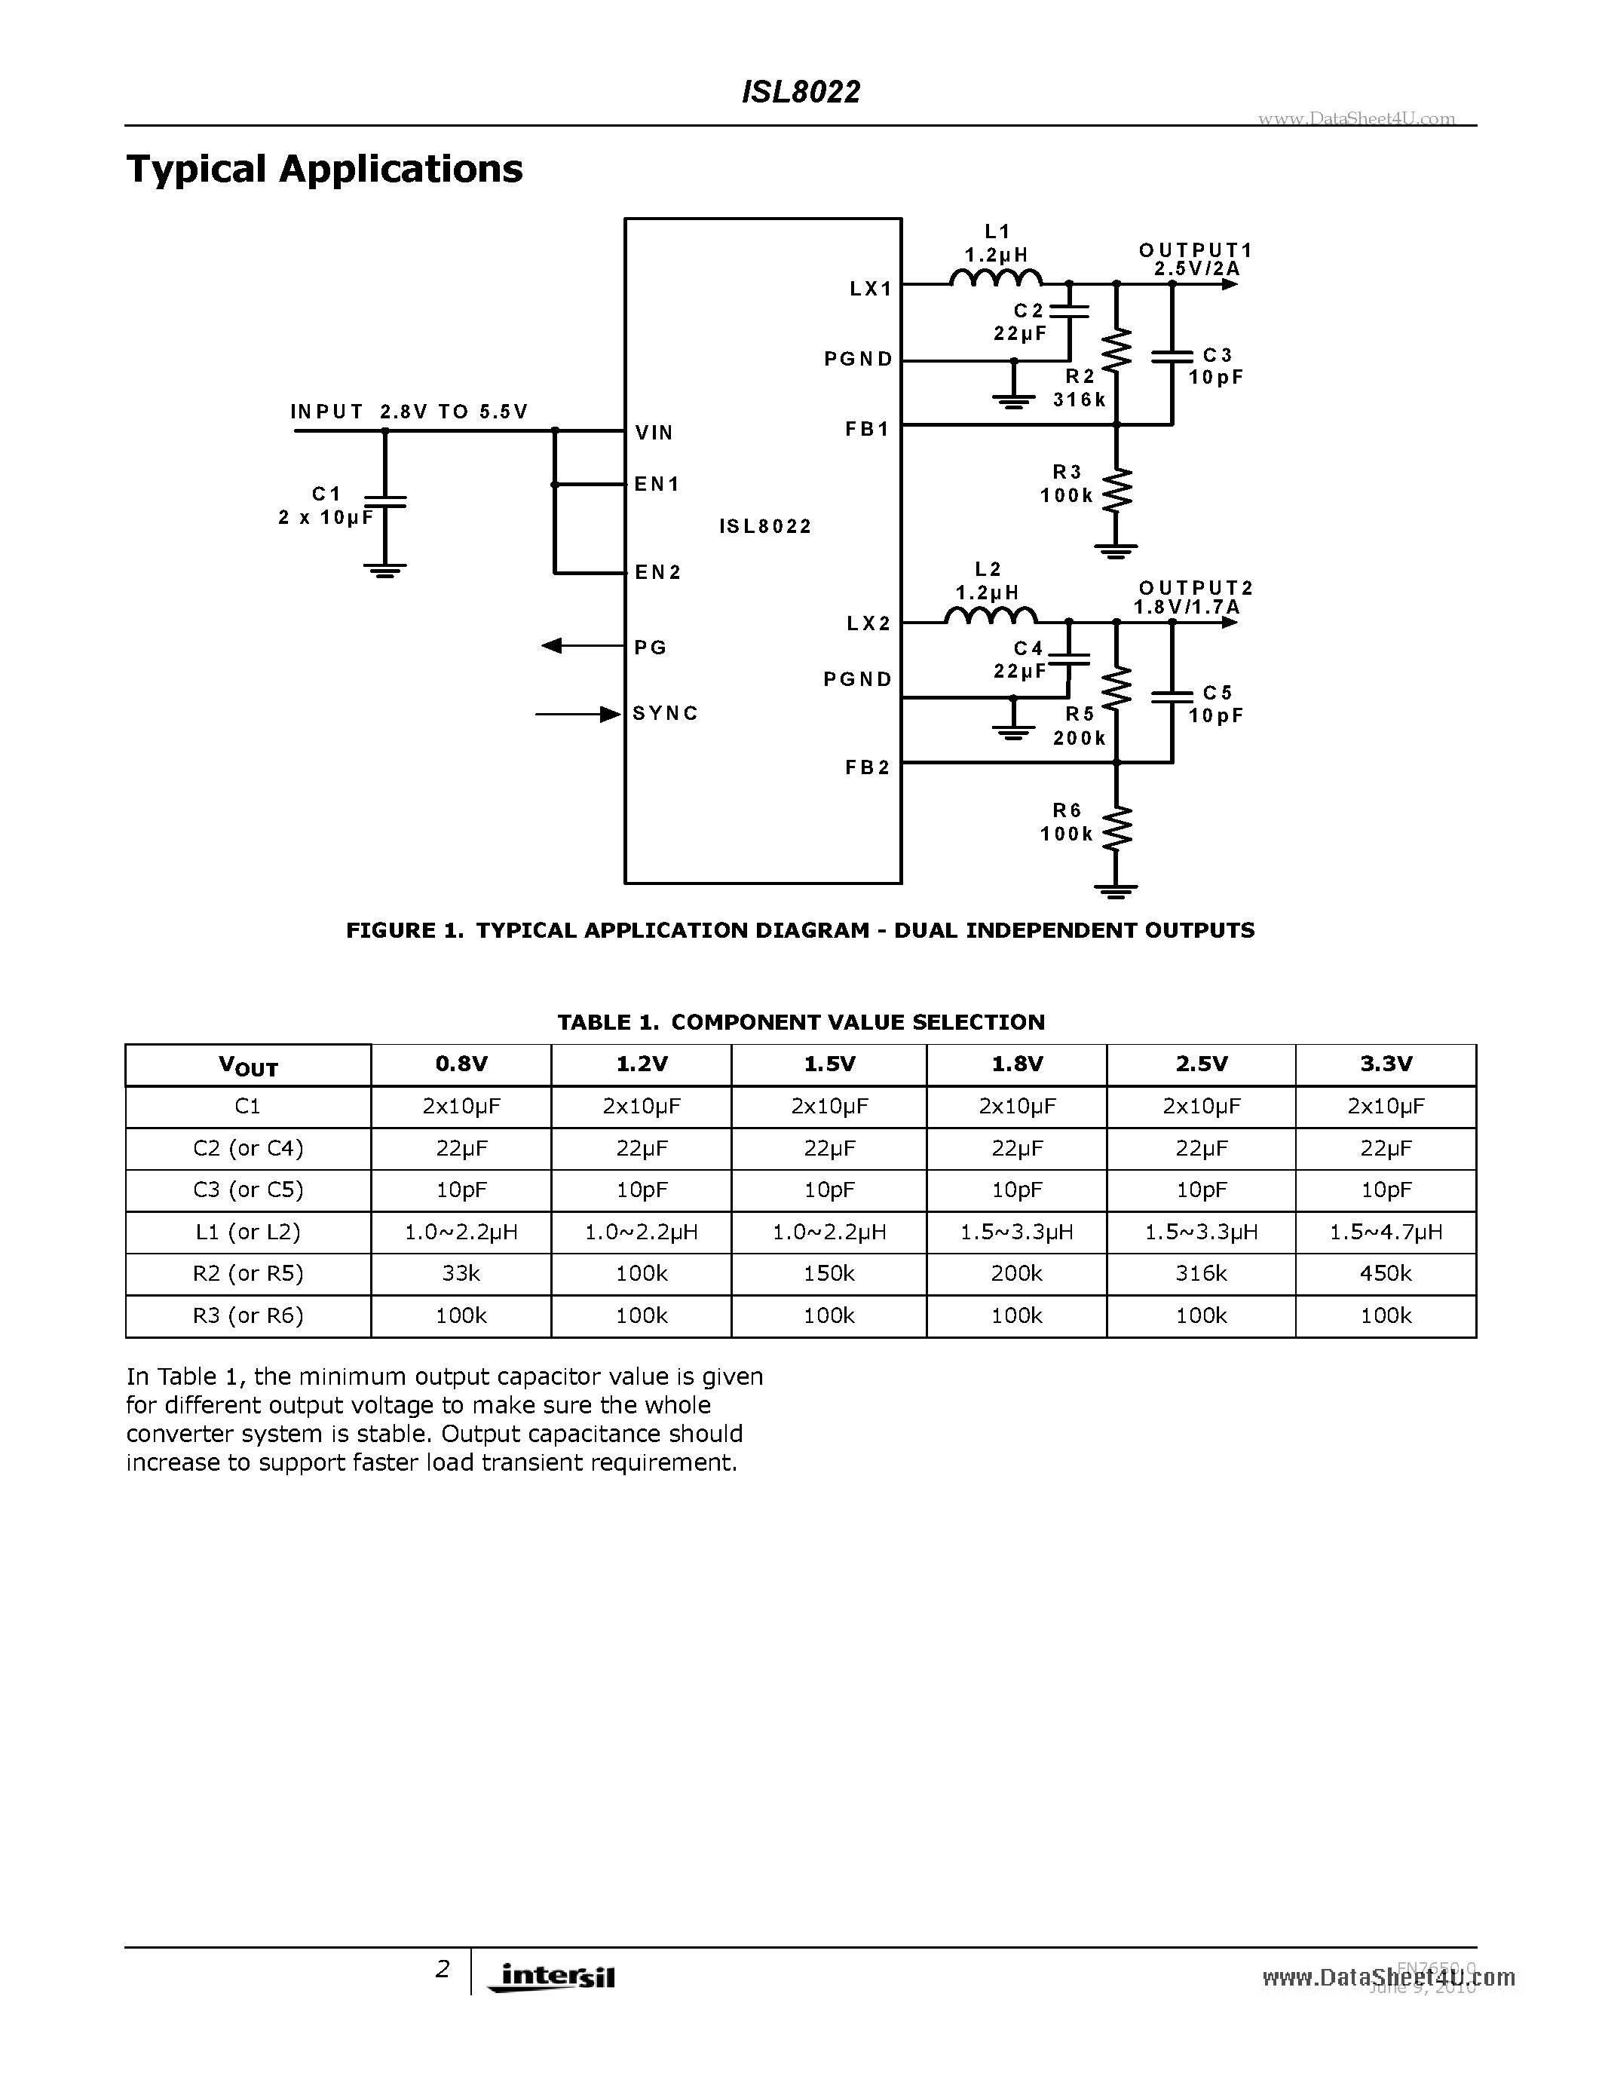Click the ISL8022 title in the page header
click(x=800, y=92)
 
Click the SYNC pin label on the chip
click(x=665, y=713)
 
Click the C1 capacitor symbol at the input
click(x=384, y=501)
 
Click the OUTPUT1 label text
click(x=1196, y=250)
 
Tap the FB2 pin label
click(x=868, y=767)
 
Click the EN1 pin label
click(x=657, y=484)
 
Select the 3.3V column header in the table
click(x=1385, y=1064)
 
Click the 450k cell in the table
click(x=1385, y=1274)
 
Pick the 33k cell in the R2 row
click(x=461, y=1274)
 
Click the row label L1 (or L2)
click(x=248, y=1232)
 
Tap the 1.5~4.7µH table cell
click(x=1385, y=1232)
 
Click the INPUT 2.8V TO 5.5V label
click(x=409, y=412)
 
